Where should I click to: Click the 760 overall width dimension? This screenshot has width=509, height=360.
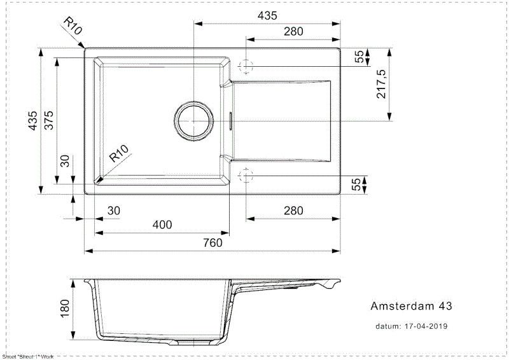[x=212, y=242]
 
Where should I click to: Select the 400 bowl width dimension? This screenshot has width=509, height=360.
[x=162, y=225]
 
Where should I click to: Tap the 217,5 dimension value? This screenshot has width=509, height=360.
[x=382, y=84]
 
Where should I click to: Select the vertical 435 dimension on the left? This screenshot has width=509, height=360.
[x=33, y=120]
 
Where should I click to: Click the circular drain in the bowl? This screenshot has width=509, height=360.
[x=193, y=120]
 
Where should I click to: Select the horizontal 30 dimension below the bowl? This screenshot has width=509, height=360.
[x=113, y=211]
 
